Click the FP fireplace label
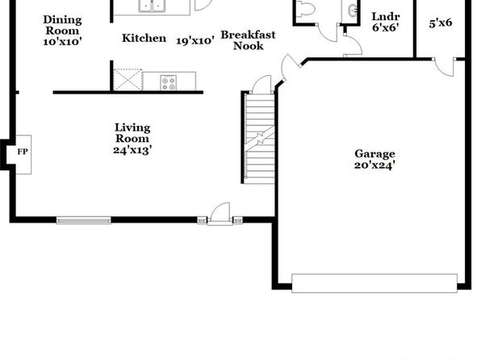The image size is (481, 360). click(23, 152)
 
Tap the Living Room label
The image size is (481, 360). click(132, 133)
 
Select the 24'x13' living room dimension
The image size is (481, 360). click(132, 150)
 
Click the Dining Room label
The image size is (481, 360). click(62, 25)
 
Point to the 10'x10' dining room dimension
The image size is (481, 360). click(62, 41)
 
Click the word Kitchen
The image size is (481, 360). click(144, 38)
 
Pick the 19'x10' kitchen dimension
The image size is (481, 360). click(195, 40)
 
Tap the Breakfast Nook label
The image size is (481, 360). click(249, 40)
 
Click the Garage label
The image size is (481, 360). click(374, 153)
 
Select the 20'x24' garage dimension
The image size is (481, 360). click(374, 165)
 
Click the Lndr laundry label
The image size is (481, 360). click(386, 16)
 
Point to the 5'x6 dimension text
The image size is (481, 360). click(441, 23)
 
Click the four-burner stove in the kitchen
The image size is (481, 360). click(169, 83)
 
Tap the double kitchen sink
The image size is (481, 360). click(152, 6)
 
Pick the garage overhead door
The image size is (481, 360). click(374, 283)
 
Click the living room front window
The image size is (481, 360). click(83, 220)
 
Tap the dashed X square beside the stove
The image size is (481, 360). click(128, 80)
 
